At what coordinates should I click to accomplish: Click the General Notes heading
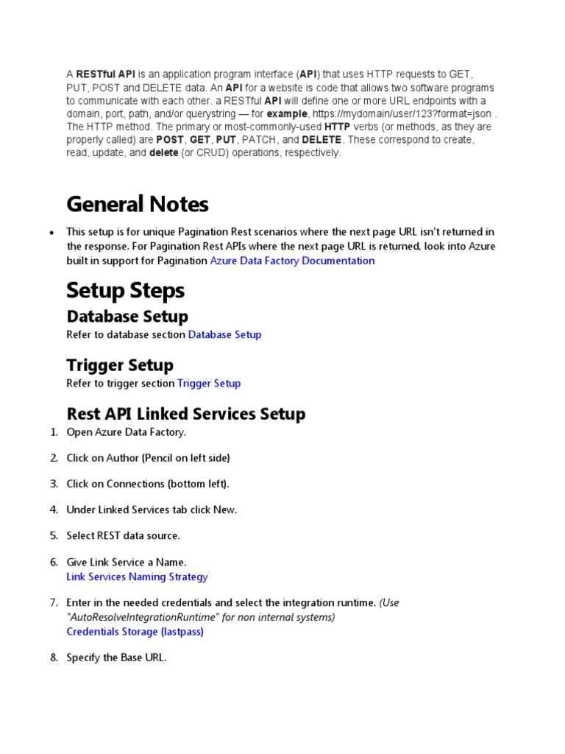[138, 204]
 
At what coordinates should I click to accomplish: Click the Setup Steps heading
[125, 291]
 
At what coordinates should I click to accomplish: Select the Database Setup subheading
[127, 317]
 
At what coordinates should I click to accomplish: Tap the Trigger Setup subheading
[120, 365]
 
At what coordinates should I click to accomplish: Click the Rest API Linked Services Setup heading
[185, 414]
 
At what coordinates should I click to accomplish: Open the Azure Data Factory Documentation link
[292, 261]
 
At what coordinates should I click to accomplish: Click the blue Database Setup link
[224, 334]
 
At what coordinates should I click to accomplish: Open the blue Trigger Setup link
[209, 383]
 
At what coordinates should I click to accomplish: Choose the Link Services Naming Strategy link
[137, 577]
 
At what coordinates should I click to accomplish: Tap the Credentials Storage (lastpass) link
[135, 631]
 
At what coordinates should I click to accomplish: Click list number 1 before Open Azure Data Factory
[54, 431]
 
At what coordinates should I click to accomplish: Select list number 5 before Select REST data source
[54, 535]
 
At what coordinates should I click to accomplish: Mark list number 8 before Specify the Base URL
[54, 657]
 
